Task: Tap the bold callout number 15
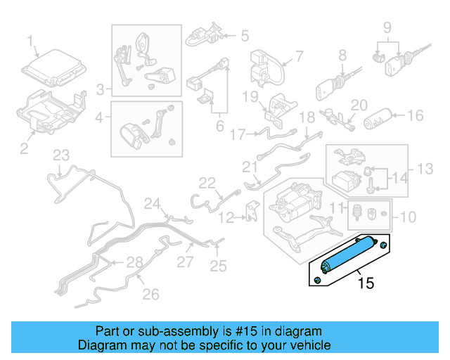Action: [366, 284]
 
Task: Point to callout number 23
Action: [62, 155]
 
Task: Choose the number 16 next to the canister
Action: [416, 115]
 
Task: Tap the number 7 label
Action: [299, 55]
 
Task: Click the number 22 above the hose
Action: [206, 183]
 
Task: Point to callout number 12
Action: [224, 218]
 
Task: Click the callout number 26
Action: [150, 294]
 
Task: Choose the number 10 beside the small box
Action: [408, 217]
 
